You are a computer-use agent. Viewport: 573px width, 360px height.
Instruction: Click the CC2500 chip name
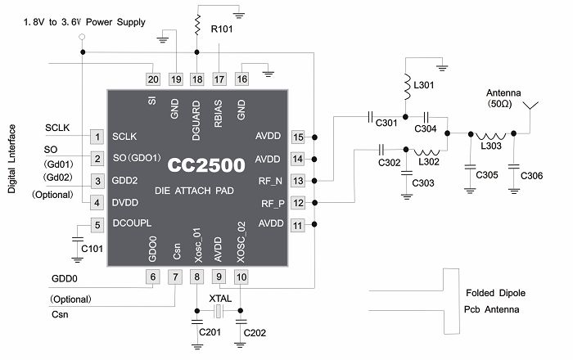coord(206,165)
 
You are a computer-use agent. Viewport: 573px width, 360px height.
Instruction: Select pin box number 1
coord(97,137)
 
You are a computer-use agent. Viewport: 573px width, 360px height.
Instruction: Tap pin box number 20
coord(153,79)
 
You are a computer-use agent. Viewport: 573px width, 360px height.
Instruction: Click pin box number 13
coord(299,180)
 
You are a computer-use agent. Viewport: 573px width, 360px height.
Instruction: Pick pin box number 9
coord(219,277)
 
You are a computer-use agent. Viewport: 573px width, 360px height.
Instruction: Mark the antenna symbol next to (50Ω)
coord(530,107)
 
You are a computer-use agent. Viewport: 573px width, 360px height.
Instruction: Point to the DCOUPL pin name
coord(132,223)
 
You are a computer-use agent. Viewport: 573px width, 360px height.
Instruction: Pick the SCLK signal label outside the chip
coord(58,128)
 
